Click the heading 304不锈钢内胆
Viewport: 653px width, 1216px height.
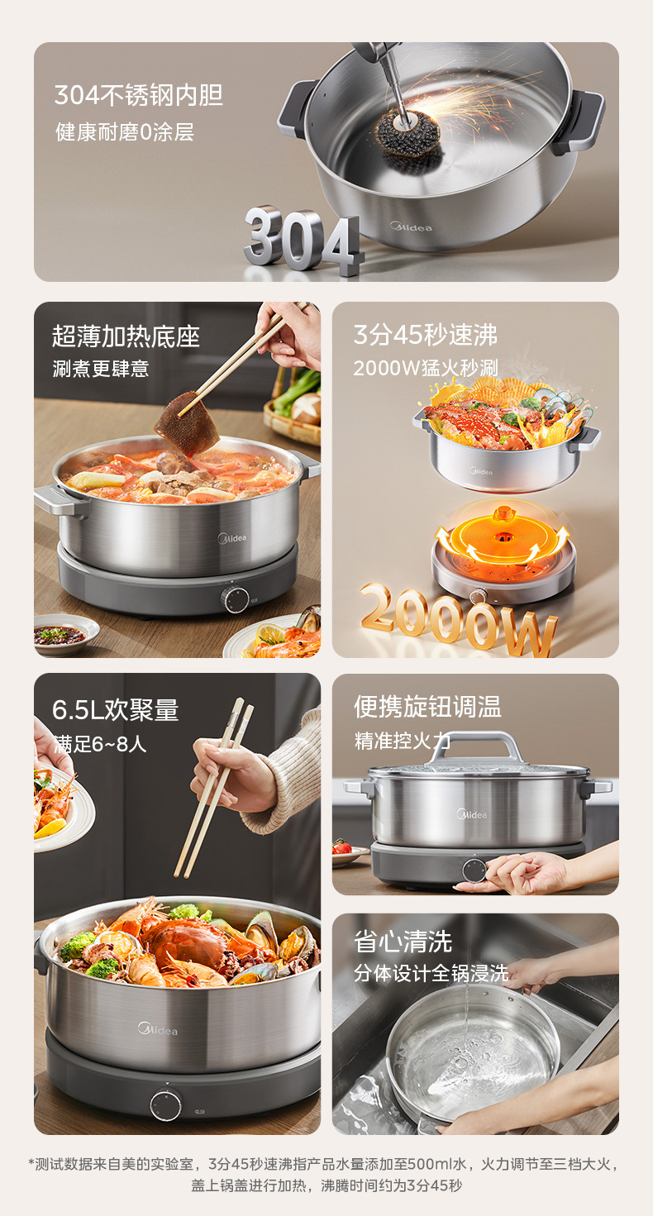point(139,96)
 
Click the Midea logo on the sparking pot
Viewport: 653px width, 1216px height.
point(411,227)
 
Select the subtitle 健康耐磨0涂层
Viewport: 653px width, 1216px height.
point(125,132)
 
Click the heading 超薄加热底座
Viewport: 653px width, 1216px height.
point(126,336)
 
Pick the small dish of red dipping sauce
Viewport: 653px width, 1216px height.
point(60,635)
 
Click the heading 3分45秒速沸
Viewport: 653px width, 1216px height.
point(426,335)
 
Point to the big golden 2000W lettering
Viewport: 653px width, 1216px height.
point(459,619)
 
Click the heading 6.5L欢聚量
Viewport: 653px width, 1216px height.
point(115,709)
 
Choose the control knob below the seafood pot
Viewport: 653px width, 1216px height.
point(166,1104)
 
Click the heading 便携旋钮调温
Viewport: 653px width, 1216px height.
point(427,707)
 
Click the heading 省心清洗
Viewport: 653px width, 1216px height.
point(403,941)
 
